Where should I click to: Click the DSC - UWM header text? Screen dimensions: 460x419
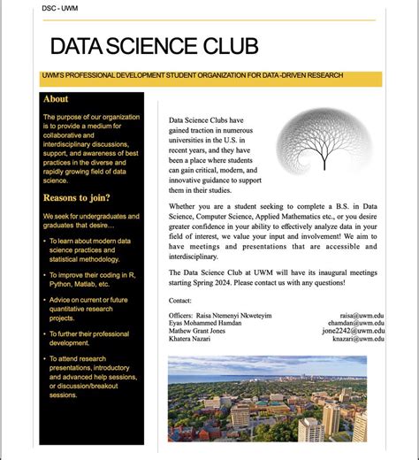(59, 9)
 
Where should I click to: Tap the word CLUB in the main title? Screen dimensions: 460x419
(230, 47)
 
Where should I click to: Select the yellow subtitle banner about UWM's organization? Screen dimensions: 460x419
(211, 78)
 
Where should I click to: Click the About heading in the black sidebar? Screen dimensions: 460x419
(56, 100)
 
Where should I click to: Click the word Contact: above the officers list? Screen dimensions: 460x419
(179, 301)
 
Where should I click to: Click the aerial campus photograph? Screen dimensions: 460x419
(267, 399)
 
